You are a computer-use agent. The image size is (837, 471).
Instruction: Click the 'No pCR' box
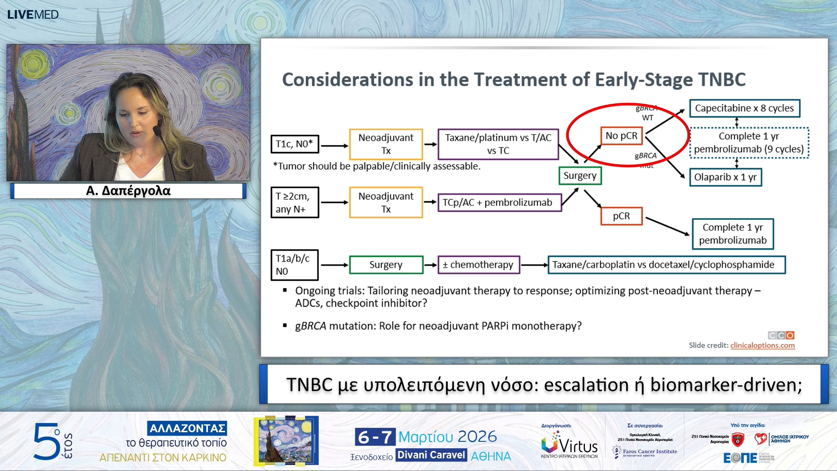pos(621,136)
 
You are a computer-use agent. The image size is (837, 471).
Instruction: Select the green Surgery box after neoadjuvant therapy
pos(580,176)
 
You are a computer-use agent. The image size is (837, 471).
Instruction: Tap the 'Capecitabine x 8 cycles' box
pos(744,108)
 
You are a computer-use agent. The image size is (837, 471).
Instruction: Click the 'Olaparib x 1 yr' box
pos(725,177)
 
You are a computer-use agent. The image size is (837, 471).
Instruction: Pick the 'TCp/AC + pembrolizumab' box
pos(499,203)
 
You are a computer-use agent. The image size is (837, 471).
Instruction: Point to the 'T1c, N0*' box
pos(295,144)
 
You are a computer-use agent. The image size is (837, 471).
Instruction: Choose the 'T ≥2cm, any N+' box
pos(295,202)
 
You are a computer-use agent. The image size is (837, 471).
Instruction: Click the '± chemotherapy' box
pos(478,265)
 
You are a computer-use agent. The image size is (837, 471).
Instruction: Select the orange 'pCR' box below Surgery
pos(621,216)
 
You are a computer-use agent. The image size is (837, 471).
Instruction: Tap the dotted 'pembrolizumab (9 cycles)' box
pos(749,143)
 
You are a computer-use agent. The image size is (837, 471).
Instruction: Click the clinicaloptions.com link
pos(762,345)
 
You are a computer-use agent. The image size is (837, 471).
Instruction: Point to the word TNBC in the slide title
pos(722,80)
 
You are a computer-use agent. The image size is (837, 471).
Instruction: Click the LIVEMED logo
pos(33,14)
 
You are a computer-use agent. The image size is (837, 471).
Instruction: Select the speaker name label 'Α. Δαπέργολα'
pos(128,191)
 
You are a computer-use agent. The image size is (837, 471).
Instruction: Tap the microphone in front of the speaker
pos(158,131)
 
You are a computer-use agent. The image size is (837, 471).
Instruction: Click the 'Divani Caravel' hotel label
pos(431,455)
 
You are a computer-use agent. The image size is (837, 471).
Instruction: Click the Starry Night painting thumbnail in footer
pos(286,440)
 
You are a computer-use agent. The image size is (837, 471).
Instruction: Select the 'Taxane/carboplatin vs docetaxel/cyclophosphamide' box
pos(666,265)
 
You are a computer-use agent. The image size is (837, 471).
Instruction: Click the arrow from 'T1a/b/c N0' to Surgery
pos(334,265)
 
